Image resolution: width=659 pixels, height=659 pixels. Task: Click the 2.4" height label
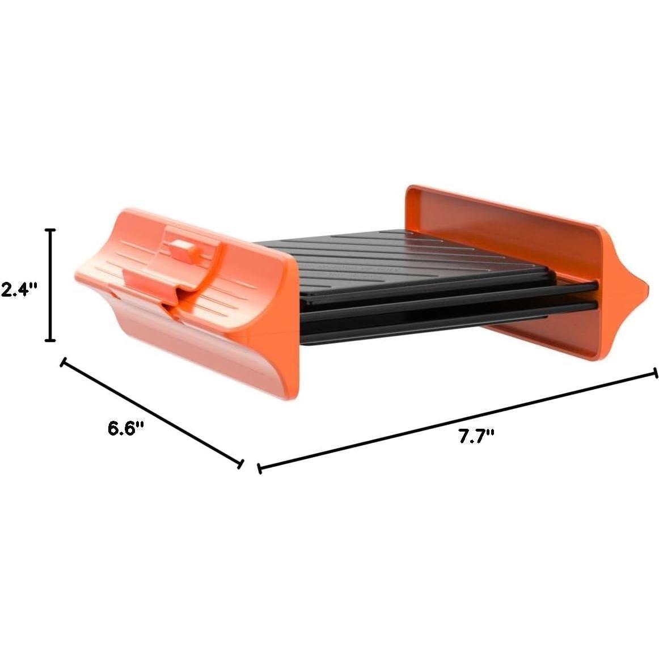click(19, 290)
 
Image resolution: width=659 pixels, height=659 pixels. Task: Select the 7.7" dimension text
click(476, 437)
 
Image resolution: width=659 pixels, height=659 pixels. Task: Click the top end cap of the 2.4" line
click(50, 230)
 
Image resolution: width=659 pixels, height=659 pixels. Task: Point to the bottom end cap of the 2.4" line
click(50, 340)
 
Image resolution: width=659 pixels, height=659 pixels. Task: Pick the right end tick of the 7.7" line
click(656, 373)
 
